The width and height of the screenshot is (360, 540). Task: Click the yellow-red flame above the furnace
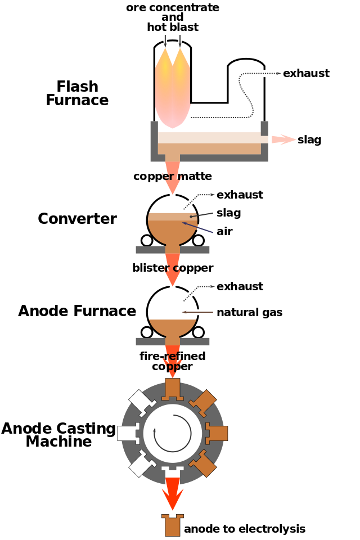(173, 90)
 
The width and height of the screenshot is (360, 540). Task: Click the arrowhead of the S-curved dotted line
(278, 73)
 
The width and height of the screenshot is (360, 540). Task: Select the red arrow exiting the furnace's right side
(283, 139)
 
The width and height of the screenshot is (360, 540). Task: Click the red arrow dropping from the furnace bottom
(172, 179)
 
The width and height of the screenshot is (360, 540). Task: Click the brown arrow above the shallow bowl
(197, 312)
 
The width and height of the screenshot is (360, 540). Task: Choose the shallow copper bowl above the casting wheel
(173, 326)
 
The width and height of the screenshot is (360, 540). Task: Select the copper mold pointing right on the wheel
(217, 433)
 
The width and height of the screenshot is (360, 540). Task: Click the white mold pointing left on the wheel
(128, 433)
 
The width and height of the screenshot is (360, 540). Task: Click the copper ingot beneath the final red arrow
(173, 525)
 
